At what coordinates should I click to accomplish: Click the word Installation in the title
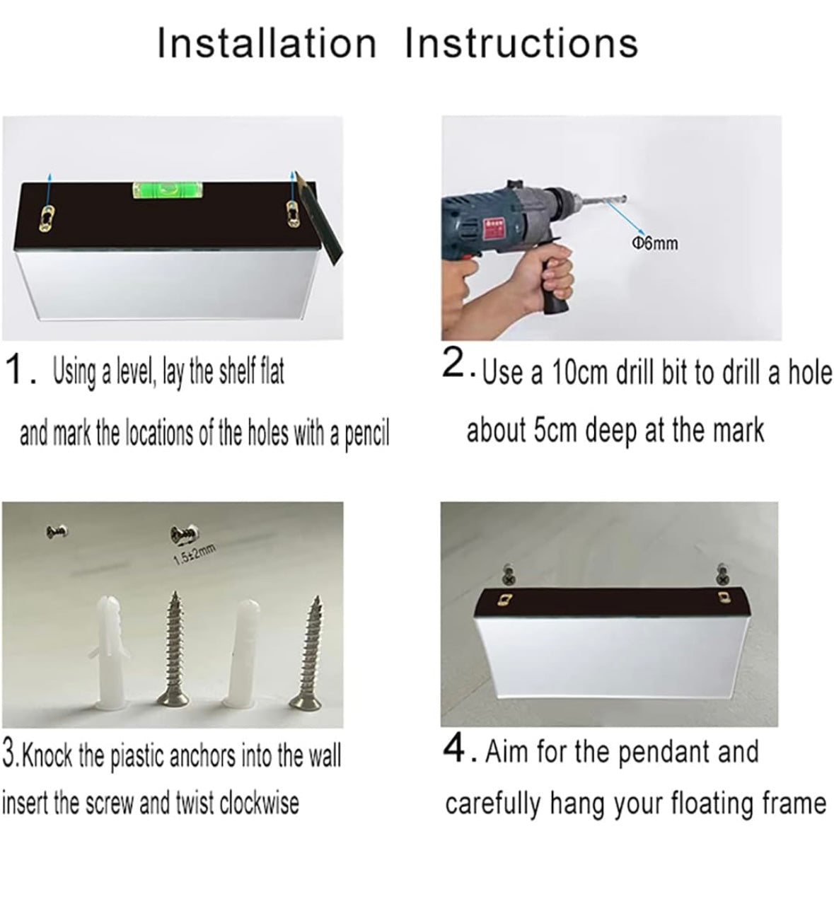[x=267, y=43]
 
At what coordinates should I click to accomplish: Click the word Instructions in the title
[x=521, y=43]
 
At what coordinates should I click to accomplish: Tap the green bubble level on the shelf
[x=168, y=190]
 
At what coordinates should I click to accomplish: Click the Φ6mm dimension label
[x=655, y=243]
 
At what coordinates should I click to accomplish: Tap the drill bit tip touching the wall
[x=625, y=198]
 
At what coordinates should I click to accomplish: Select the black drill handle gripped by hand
[x=555, y=281]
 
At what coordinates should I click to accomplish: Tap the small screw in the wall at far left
[x=57, y=530]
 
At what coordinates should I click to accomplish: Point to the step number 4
[x=455, y=750]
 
